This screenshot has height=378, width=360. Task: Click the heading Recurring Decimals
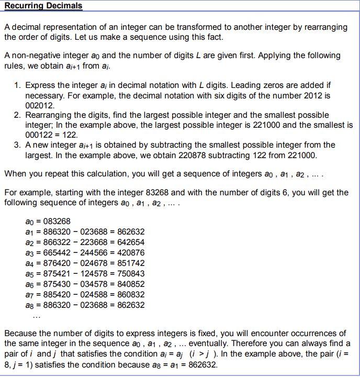tap(43, 6)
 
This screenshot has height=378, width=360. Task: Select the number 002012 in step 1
tap(40, 105)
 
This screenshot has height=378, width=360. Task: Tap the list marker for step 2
tap(17, 115)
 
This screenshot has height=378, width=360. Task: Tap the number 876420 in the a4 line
tap(55, 263)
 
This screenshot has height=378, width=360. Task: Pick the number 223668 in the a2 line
tap(95, 242)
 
